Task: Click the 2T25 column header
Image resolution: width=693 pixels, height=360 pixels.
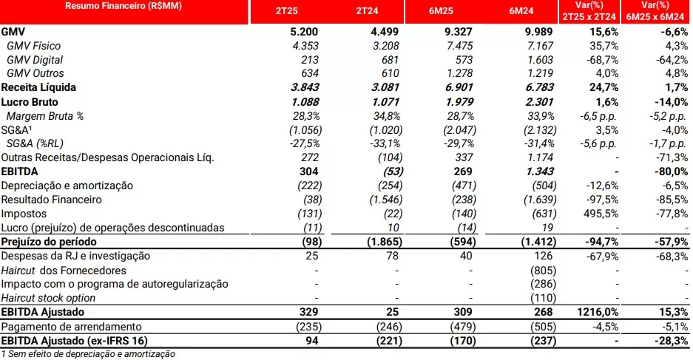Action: coord(287,11)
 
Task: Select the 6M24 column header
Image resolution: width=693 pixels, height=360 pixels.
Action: coord(521,11)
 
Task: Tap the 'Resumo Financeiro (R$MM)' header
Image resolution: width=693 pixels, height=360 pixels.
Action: coord(124,6)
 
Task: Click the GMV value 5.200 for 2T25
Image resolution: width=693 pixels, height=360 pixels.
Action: coord(304,32)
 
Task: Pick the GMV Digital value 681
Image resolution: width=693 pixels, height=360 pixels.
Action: coord(390,60)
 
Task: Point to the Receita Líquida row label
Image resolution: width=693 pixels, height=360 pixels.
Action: coord(38,87)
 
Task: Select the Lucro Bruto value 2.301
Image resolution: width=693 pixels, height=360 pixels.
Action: coord(539,101)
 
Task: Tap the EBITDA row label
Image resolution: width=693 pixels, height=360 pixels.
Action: coord(19,171)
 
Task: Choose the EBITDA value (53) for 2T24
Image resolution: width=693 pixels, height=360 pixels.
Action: coord(391,171)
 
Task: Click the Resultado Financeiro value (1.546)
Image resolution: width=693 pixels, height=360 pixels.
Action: coord(386,200)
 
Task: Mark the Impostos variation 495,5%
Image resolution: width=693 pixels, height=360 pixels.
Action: coord(601,214)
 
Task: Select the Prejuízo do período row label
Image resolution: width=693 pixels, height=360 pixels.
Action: coord(49,242)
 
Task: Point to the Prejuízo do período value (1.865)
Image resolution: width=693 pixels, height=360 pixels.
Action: coord(385,242)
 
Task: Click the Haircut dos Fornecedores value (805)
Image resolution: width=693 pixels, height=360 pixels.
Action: coord(543,271)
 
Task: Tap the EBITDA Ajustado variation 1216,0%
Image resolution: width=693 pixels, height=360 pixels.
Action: coord(598,312)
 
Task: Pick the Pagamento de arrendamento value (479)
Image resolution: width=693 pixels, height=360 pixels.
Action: coord(463,327)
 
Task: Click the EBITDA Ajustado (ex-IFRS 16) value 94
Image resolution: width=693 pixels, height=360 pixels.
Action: coord(312,341)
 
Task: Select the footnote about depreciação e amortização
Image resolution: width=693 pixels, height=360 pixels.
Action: coord(88,354)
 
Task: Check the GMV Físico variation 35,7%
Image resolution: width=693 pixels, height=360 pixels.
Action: coord(604,46)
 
